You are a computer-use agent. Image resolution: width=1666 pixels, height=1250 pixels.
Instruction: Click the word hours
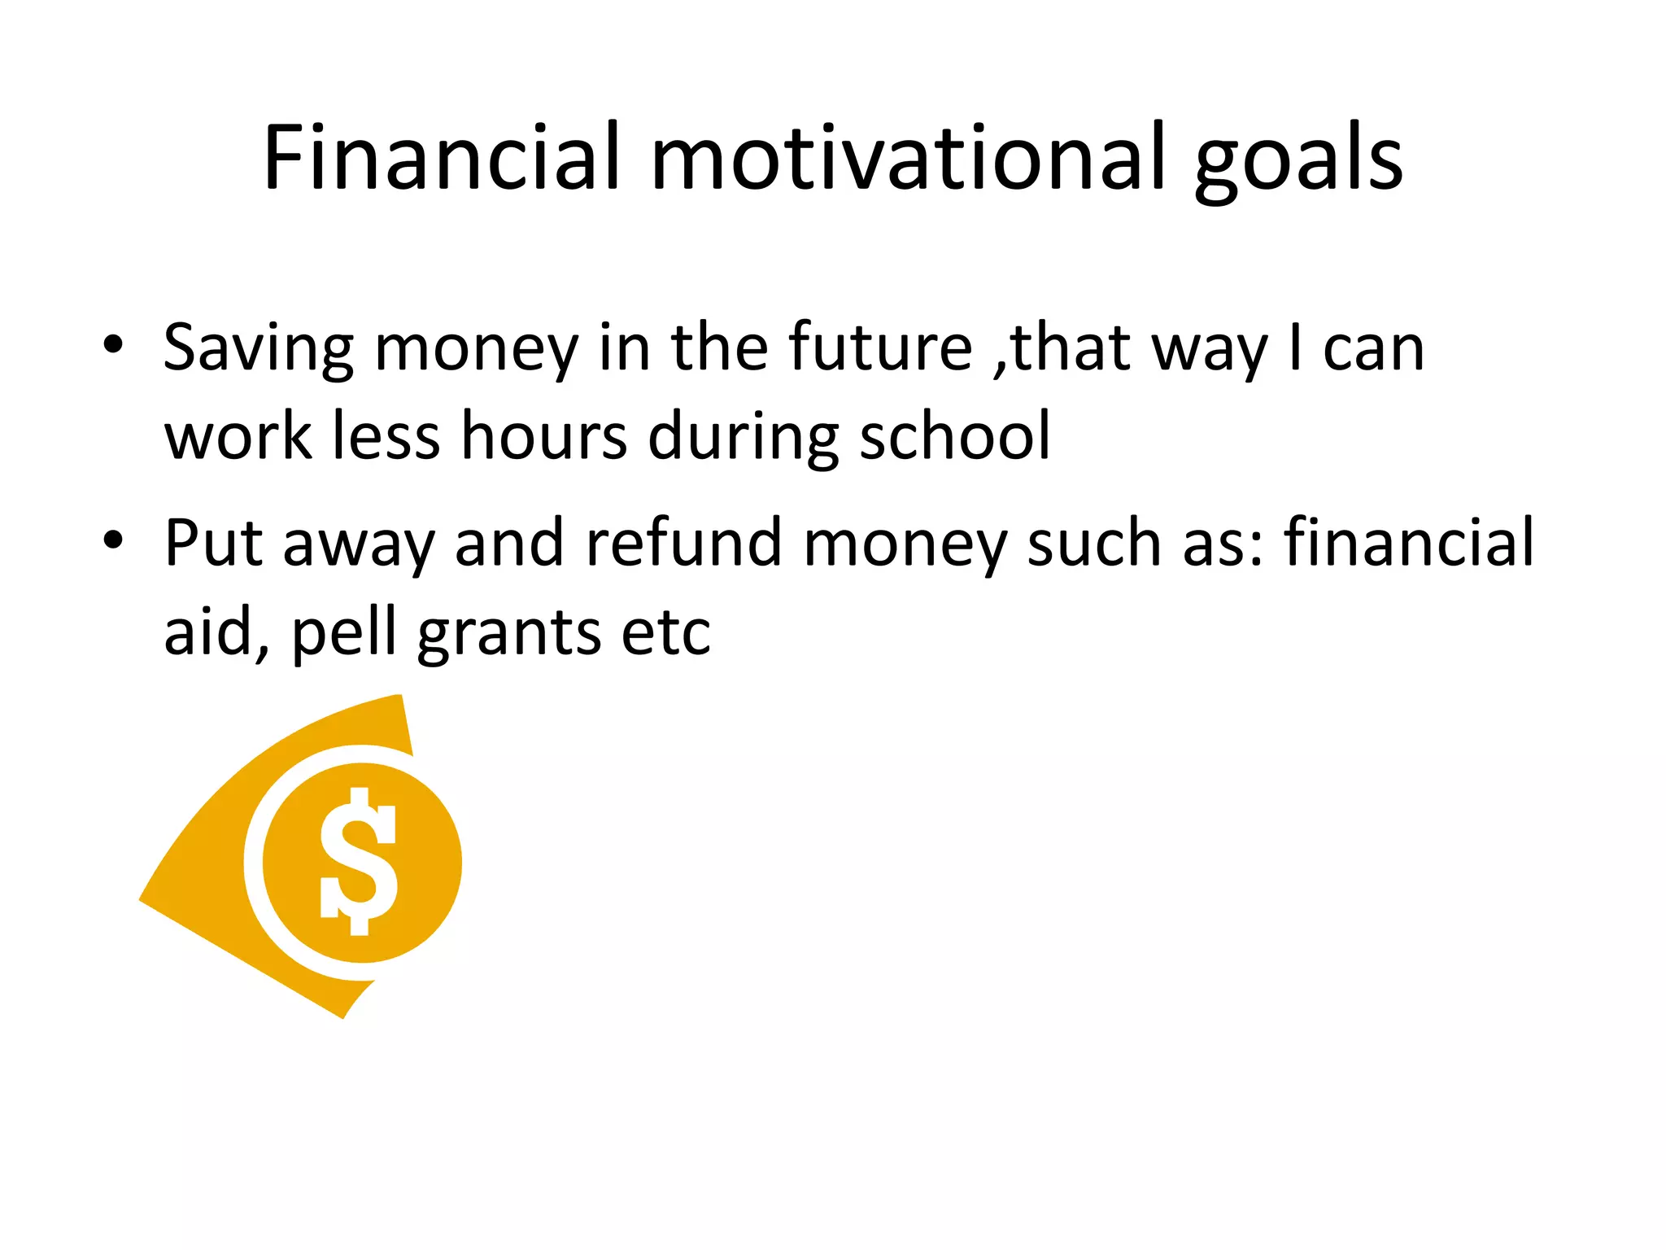coord(544,436)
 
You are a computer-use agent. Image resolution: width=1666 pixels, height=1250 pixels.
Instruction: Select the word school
coord(955,436)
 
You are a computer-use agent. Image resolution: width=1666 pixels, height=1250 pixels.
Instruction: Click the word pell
coord(343,634)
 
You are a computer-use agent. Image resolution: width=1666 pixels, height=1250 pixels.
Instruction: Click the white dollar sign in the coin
coord(359,861)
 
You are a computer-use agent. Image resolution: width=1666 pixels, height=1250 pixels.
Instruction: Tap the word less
coord(386,436)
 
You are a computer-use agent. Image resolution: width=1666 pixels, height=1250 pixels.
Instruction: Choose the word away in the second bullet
coord(358,545)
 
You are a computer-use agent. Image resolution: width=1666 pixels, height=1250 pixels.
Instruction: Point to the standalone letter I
coord(1295,347)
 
